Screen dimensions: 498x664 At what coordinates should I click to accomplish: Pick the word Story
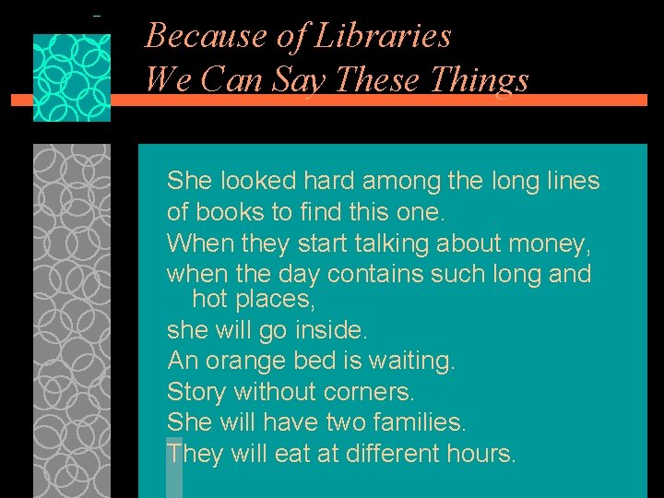[x=196, y=392]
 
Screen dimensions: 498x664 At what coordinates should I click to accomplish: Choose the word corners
[x=368, y=392]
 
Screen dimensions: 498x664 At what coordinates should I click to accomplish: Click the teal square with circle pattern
[x=72, y=77]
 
